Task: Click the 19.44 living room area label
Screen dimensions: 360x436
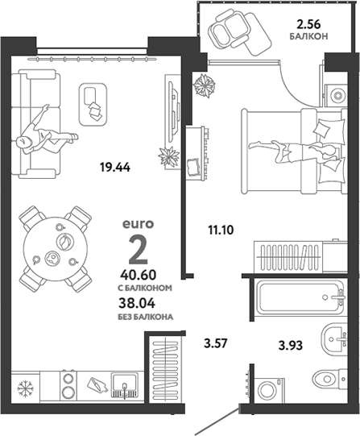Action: pos(115,168)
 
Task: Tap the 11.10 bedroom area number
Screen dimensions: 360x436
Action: pos(221,230)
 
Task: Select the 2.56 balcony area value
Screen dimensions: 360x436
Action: pos(308,25)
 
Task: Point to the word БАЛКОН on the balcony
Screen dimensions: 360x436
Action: pos(308,36)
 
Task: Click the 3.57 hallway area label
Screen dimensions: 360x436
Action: pos(216,343)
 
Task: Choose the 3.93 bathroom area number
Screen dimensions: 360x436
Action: pos(291,346)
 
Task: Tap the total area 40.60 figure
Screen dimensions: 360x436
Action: pos(139,275)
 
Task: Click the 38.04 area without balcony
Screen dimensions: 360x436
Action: pos(137,303)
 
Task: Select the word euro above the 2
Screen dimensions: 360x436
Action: pos(138,224)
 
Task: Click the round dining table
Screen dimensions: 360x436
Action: pos(56,249)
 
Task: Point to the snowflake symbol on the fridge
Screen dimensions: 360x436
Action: pos(25,388)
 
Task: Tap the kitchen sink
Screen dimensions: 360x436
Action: pos(125,385)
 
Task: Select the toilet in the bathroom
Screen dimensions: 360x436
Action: pos(329,379)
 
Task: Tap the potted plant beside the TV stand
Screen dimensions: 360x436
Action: pos(168,156)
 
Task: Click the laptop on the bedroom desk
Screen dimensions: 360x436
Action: pos(193,166)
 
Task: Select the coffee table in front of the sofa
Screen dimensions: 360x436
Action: pos(93,105)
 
